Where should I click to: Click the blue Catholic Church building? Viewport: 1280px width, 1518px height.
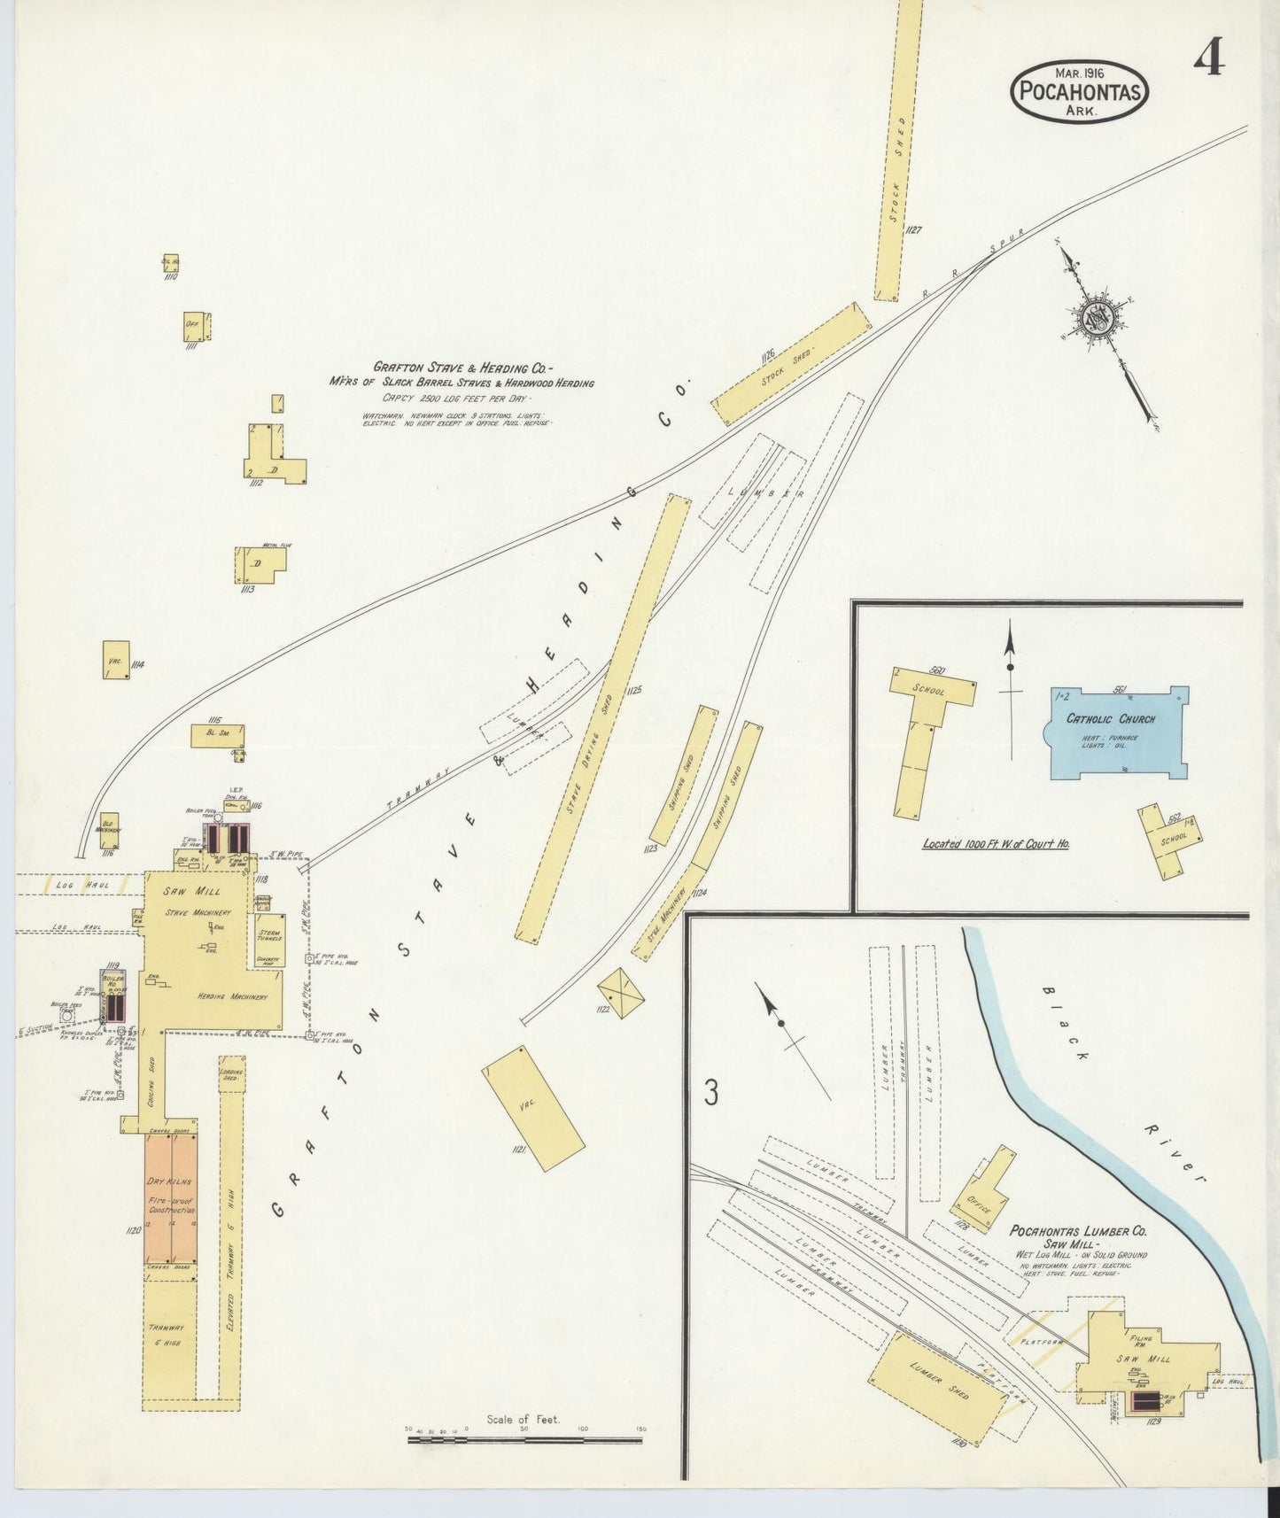[1118, 732]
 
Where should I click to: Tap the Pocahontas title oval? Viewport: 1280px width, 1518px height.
[1079, 91]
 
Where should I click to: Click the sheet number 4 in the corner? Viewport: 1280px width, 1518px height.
[1209, 59]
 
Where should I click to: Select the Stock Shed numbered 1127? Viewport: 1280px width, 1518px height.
[898, 151]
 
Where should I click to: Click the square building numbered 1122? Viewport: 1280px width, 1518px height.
[621, 992]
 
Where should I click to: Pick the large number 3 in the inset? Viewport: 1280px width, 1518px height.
[710, 1094]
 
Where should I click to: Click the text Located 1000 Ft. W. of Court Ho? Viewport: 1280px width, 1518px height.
[996, 844]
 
